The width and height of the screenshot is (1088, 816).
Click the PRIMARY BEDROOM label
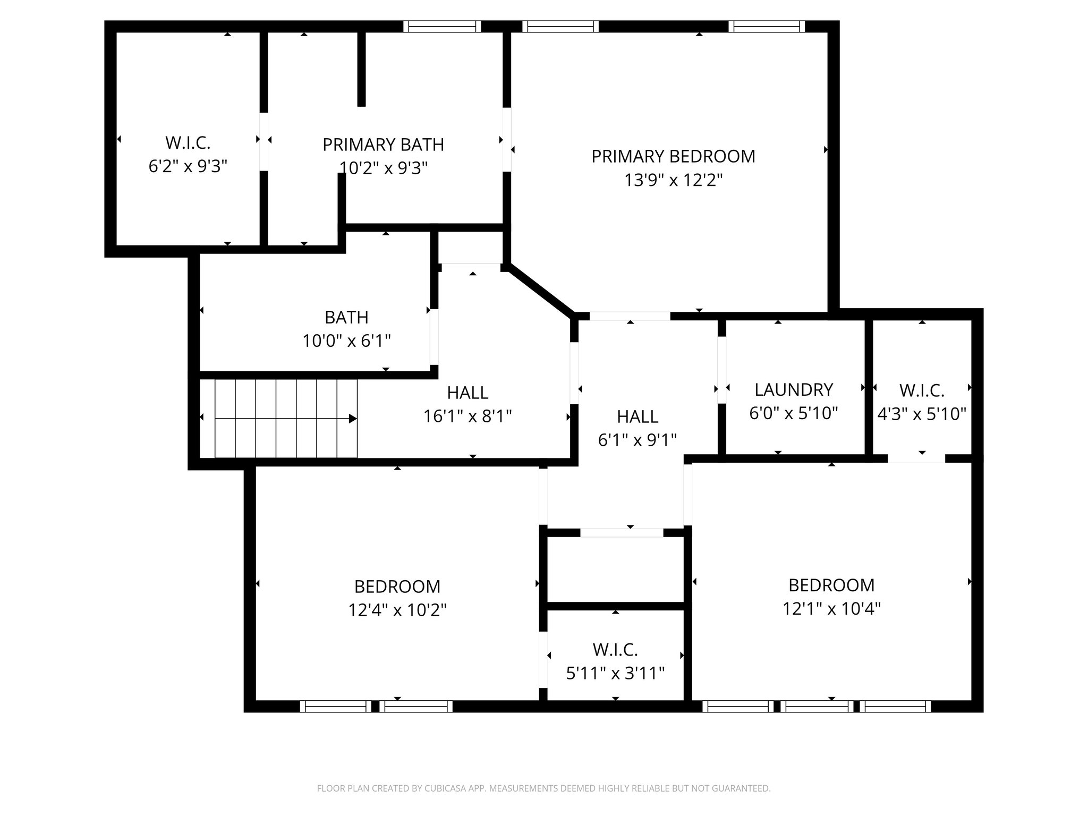coord(673,157)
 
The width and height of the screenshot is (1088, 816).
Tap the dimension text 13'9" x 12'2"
coord(673,181)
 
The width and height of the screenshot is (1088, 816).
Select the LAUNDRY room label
coord(794,390)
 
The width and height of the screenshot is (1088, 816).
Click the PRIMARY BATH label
coord(383,144)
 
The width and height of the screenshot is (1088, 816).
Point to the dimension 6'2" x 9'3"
coord(188,166)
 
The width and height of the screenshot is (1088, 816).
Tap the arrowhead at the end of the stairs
coord(353,419)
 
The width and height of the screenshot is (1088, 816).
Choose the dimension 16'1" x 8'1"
coord(467,416)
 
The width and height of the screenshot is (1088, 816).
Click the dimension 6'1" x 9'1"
coord(637,440)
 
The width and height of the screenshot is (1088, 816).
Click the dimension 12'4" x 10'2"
coord(397,610)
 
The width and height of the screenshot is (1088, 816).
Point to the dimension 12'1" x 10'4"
coord(831,608)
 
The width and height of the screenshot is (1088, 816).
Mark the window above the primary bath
coord(442,27)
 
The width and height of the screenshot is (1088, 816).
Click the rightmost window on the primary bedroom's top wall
coord(767,27)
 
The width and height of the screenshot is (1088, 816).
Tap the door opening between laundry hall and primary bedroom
coord(630,316)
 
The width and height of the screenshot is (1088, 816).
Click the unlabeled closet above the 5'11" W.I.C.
coord(615,569)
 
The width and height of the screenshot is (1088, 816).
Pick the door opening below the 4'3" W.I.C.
coord(916,458)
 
